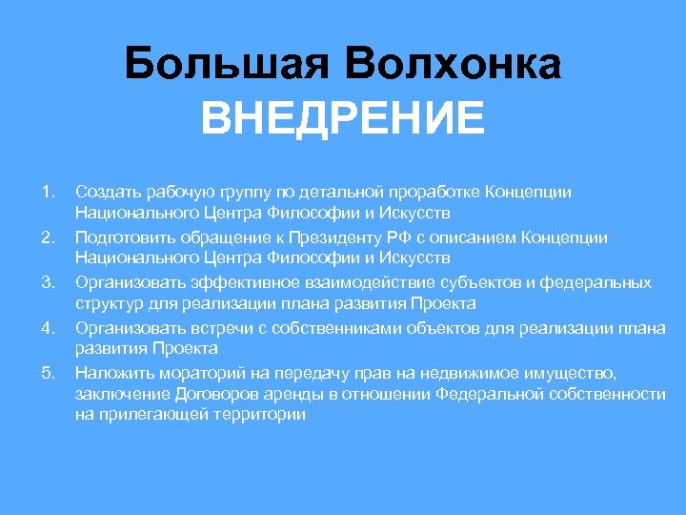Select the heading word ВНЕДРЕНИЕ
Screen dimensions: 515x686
pyautogui.click(x=343, y=121)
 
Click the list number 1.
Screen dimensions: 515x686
pyautogui.click(x=50, y=192)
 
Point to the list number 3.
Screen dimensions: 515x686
pyautogui.click(x=50, y=282)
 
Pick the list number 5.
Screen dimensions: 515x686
pyautogui.click(x=50, y=372)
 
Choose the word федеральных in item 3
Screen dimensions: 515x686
pyautogui.click(x=601, y=282)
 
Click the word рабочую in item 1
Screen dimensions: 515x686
pyautogui.click(x=168, y=192)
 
